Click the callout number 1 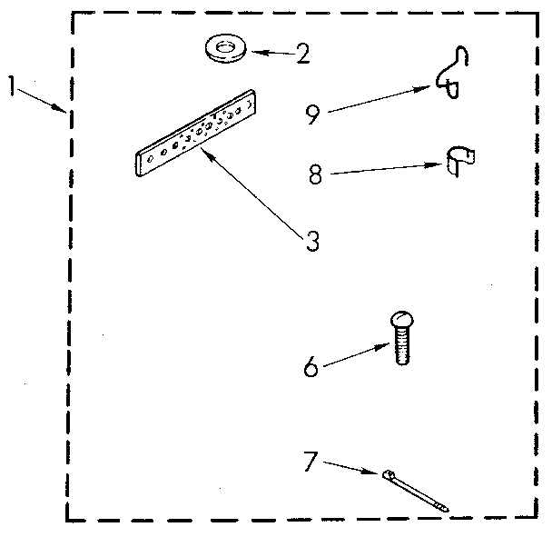[x=12, y=85]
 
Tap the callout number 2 [x=303, y=54]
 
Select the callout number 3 [x=311, y=242]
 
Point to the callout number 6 [x=310, y=367]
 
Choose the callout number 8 [x=315, y=174]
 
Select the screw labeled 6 [x=402, y=337]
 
